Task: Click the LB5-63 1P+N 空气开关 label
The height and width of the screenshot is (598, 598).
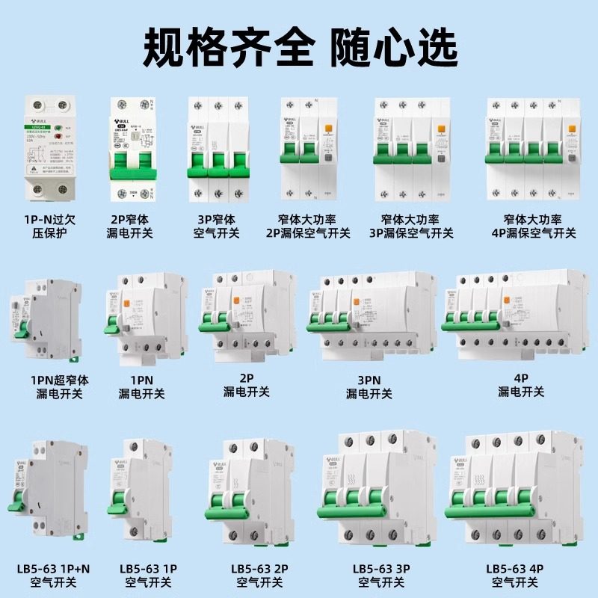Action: click(x=50, y=573)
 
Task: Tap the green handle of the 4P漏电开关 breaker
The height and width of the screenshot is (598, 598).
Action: click(x=472, y=324)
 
